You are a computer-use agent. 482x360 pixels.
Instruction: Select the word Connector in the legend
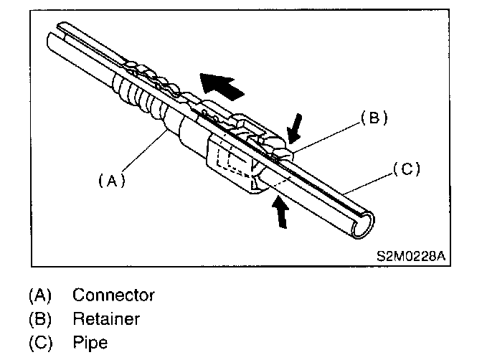[x=113, y=295]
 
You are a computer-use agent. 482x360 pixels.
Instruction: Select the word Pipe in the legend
[x=89, y=342]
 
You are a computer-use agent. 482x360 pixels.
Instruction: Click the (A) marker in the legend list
[x=40, y=295]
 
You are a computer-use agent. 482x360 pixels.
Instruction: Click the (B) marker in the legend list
[x=40, y=318]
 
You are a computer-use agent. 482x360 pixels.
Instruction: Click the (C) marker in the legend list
[x=40, y=342]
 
